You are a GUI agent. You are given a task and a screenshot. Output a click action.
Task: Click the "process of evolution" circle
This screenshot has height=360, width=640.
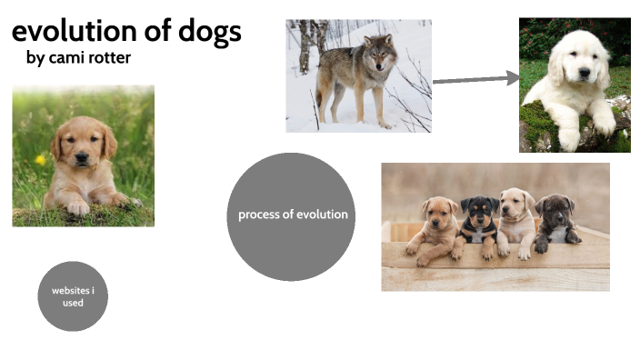pos(291,215)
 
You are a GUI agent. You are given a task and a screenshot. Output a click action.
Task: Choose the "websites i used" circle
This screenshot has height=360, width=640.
pos(73,295)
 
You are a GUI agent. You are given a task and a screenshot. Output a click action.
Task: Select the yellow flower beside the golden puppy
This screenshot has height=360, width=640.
pos(40,159)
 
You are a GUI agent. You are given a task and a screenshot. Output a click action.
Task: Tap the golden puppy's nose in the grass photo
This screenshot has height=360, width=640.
pos(82,159)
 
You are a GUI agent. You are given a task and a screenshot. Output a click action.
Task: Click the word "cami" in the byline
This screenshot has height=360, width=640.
pos(67,58)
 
